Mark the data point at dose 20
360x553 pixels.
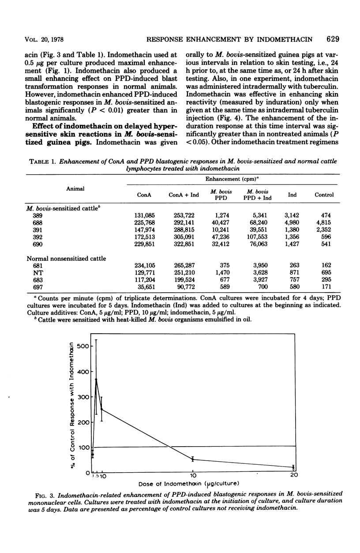tap(293, 467)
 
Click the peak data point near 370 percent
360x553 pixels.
tap(96, 379)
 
